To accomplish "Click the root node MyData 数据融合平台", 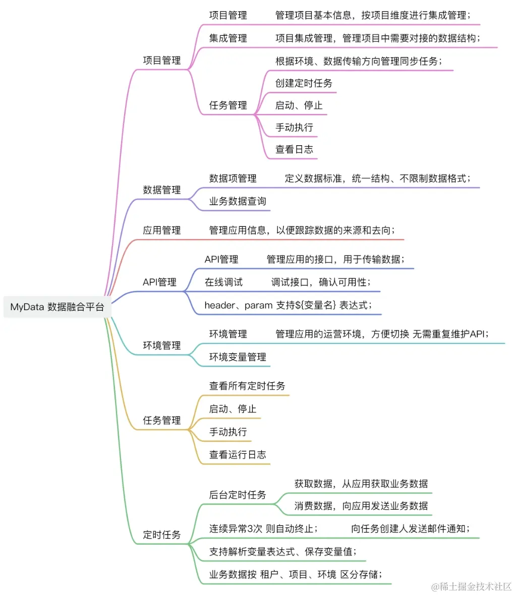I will coord(57,307).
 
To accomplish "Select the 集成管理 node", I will coord(228,38).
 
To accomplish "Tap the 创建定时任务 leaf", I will coord(304,83).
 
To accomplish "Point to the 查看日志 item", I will coord(294,149).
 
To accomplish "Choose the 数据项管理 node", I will coord(233,178).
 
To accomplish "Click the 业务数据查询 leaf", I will coord(238,201).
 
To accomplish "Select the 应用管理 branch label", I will coord(161,230).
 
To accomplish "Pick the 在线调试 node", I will coord(223,282).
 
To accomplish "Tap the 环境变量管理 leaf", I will coord(238,357).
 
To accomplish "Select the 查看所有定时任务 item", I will coord(247,386).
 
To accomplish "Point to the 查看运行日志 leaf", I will coord(238,454).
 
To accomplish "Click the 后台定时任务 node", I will coord(238,495).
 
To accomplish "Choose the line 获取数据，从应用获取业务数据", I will coord(361,484).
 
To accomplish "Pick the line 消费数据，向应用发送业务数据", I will coord(361,506).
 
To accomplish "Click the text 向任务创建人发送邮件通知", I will coord(411,528).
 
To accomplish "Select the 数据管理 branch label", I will coord(161,190).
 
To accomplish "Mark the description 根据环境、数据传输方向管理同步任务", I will coord(359,61).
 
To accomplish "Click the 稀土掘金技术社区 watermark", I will coord(471,586).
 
